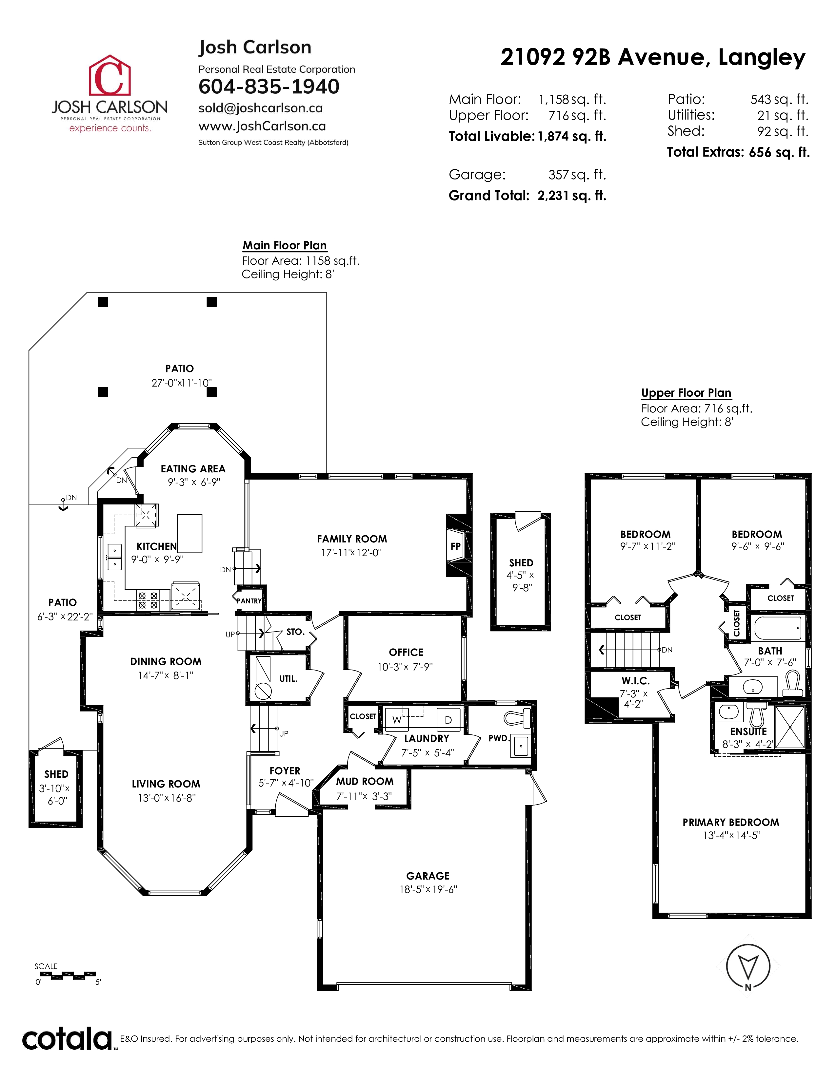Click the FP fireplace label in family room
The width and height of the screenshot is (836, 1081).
(x=455, y=546)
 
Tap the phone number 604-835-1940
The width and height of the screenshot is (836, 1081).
(x=269, y=86)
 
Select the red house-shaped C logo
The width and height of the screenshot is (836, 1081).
(x=109, y=75)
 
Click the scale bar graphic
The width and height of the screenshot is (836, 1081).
(x=66, y=976)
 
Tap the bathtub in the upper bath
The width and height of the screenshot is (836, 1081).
(x=778, y=628)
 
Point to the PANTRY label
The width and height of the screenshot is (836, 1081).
(x=249, y=601)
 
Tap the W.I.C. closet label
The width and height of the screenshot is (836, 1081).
(x=635, y=681)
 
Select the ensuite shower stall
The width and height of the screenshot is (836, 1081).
(x=789, y=727)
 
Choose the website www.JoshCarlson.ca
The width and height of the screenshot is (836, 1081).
(x=262, y=126)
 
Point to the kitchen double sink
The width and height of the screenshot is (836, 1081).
(x=114, y=557)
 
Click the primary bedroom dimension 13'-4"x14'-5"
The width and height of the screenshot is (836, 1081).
(x=731, y=836)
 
